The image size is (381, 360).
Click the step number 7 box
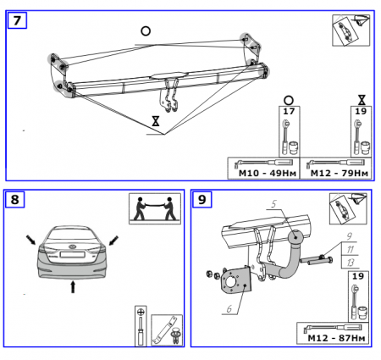tap(17, 20)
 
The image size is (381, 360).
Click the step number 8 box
tap(14, 199)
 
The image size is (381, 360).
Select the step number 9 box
tap(202, 199)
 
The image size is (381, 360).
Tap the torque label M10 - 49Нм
tap(268, 173)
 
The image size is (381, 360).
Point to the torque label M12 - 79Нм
tap(340, 173)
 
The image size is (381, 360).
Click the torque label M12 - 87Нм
tap(336, 338)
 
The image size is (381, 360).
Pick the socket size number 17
tap(289, 111)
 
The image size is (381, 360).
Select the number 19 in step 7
tap(361, 111)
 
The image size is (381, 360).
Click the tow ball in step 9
tap(295, 237)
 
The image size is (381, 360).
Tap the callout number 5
tap(273, 203)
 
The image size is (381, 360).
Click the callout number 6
tap(229, 309)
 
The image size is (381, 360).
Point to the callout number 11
tap(350, 249)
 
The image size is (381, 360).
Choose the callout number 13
tap(350, 263)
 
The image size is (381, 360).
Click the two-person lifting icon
tap(155, 208)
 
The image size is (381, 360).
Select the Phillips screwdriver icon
tap(141, 326)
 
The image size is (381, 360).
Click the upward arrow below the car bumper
tap(73, 286)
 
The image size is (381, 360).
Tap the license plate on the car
tap(72, 254)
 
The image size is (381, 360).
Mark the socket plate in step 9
tap(235, 280)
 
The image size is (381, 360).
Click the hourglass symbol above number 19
tap(362, 100)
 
